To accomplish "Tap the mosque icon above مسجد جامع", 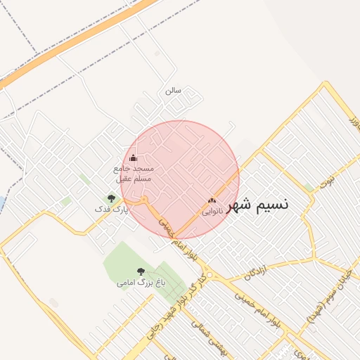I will (134, 157).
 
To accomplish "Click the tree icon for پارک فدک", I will (111, 199).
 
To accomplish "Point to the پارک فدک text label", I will (112, 210).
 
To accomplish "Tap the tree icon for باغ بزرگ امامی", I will (141, 271).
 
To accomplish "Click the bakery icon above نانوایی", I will (212, 201).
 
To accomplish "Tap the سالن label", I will (173, 91).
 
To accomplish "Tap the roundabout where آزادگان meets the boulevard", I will (209, 274).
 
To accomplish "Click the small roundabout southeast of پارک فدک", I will (145, 202).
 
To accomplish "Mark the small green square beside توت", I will (309, 187).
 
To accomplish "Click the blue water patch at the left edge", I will (1, 204).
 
